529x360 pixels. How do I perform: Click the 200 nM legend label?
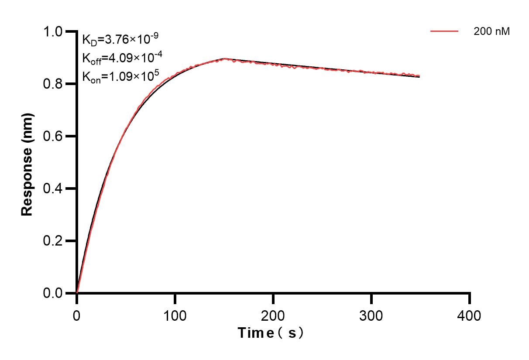click(x=492, y=31)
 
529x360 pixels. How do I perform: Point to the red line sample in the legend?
click(x=444, y=31)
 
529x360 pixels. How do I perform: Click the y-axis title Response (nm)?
click(x=27, y=164)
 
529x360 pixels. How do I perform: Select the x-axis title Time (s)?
click(x=271, y=333)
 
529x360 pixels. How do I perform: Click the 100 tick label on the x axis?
click(x=175, y=315)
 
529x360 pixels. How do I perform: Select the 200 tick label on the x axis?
click(x=273, y=315)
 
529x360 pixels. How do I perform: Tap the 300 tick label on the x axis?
click(x=371, y=315)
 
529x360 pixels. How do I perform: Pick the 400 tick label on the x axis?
click(x=470, y=315)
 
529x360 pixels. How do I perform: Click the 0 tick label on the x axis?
click(x=77, y=315)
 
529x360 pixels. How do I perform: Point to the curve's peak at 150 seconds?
click(x=224, y=58)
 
